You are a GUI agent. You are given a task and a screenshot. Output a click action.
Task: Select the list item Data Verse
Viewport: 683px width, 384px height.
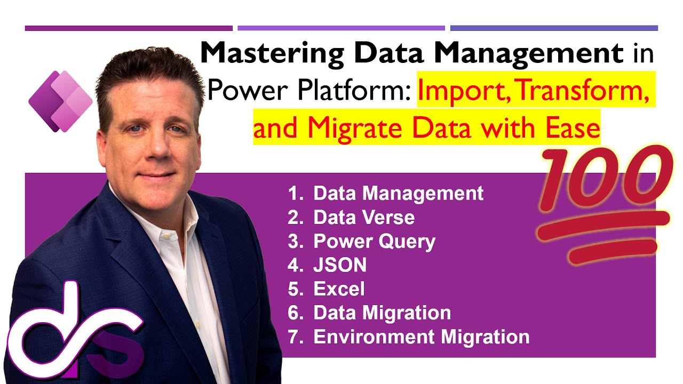click(x=364, y=217)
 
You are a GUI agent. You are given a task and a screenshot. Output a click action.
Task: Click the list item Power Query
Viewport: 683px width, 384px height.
click(x=374, y=242)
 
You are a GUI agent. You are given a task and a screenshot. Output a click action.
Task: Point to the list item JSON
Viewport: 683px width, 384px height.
click(x=340, y=265)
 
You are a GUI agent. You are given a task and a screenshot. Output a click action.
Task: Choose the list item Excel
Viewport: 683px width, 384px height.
click(x=339, y=289)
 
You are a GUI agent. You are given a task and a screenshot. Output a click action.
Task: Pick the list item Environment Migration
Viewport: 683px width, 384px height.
click(x=421, y=337)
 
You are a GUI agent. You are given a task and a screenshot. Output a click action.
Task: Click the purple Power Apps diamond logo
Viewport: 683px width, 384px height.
click(x=60, y=101)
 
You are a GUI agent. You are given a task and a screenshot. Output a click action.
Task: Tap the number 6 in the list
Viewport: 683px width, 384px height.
click(x=294, y=313)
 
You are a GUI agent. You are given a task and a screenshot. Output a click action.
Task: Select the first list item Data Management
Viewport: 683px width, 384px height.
click(x=398, y=193)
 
